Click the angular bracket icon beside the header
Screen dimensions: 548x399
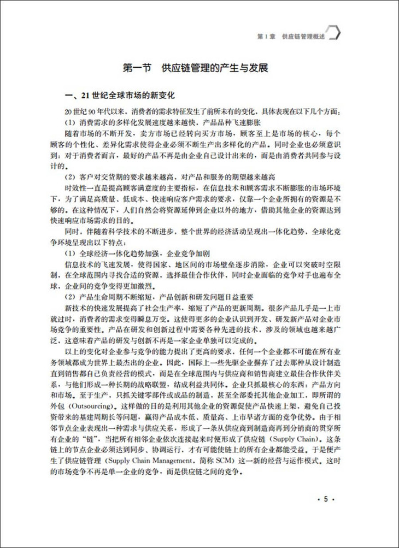coord(335,33)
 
